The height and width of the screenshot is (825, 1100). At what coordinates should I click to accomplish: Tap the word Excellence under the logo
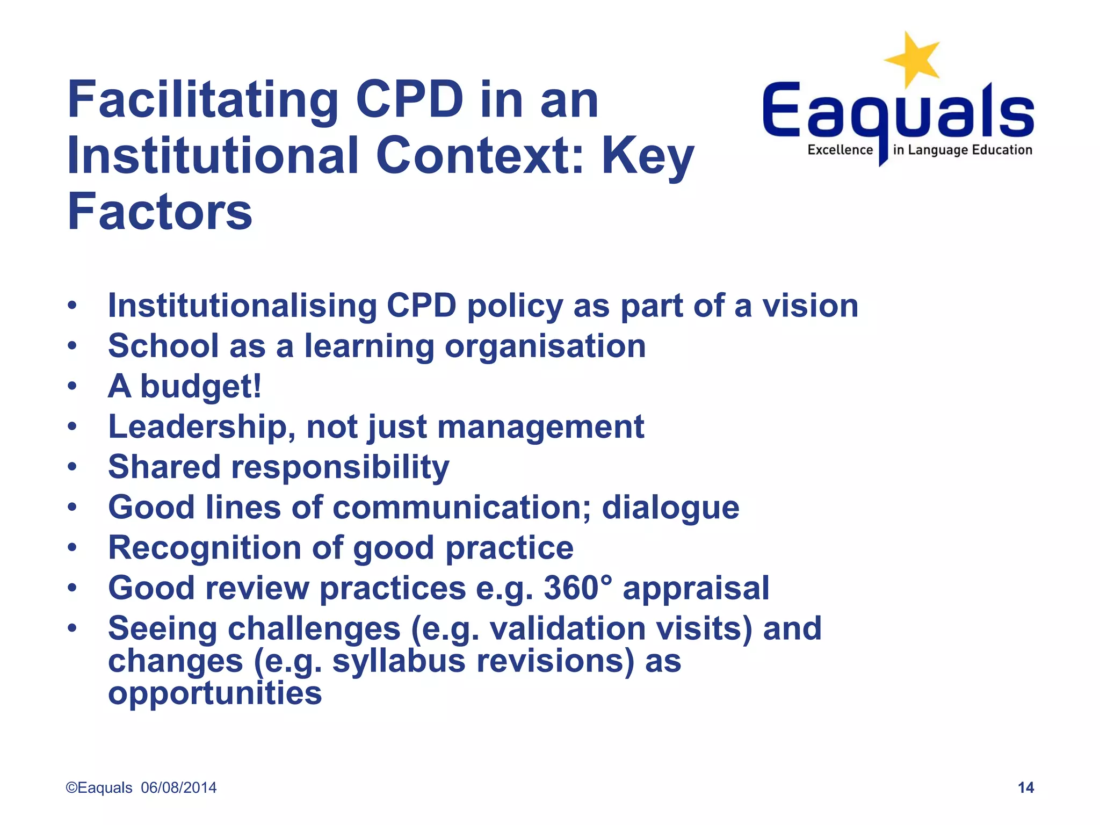click(x=840, y=150)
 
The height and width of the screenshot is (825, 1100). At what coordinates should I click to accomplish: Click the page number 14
click(x=1025, y=787)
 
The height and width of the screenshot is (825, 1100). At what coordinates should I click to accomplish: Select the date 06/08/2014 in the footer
click(x=179, y=787)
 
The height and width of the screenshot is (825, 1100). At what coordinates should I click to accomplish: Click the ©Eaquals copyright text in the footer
click(x=99, y=787)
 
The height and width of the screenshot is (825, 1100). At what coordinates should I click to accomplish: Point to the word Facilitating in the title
click(x=202, y=101)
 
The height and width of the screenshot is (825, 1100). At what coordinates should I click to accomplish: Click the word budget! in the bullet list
click(x=201, y=387)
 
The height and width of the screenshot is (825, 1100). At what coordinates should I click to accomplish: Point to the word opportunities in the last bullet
click(x=215, y=694)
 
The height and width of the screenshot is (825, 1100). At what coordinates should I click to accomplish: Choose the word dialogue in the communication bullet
click(x=670, y=508)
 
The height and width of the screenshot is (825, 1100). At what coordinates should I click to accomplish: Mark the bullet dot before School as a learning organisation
click(x=72, y=346)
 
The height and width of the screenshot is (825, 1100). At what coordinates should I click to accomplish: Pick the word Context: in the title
click(x=480, y=156)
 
